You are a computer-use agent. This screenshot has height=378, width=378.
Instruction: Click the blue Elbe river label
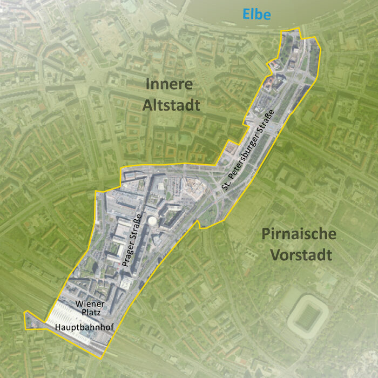click(x=256, y=14)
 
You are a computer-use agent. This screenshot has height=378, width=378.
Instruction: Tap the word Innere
click(x=169, y=85)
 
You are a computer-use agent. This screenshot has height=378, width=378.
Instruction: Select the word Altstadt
click(x=172, y=105)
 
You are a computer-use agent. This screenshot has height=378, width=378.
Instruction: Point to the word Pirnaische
click(x=299, y=234)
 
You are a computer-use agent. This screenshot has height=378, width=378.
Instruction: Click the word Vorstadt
click(x=301, y=254)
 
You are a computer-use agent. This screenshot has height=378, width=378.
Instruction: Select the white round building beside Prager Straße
click(x=153, y=221)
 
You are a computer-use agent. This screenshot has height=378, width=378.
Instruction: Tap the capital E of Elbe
click(x=246, y=14)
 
